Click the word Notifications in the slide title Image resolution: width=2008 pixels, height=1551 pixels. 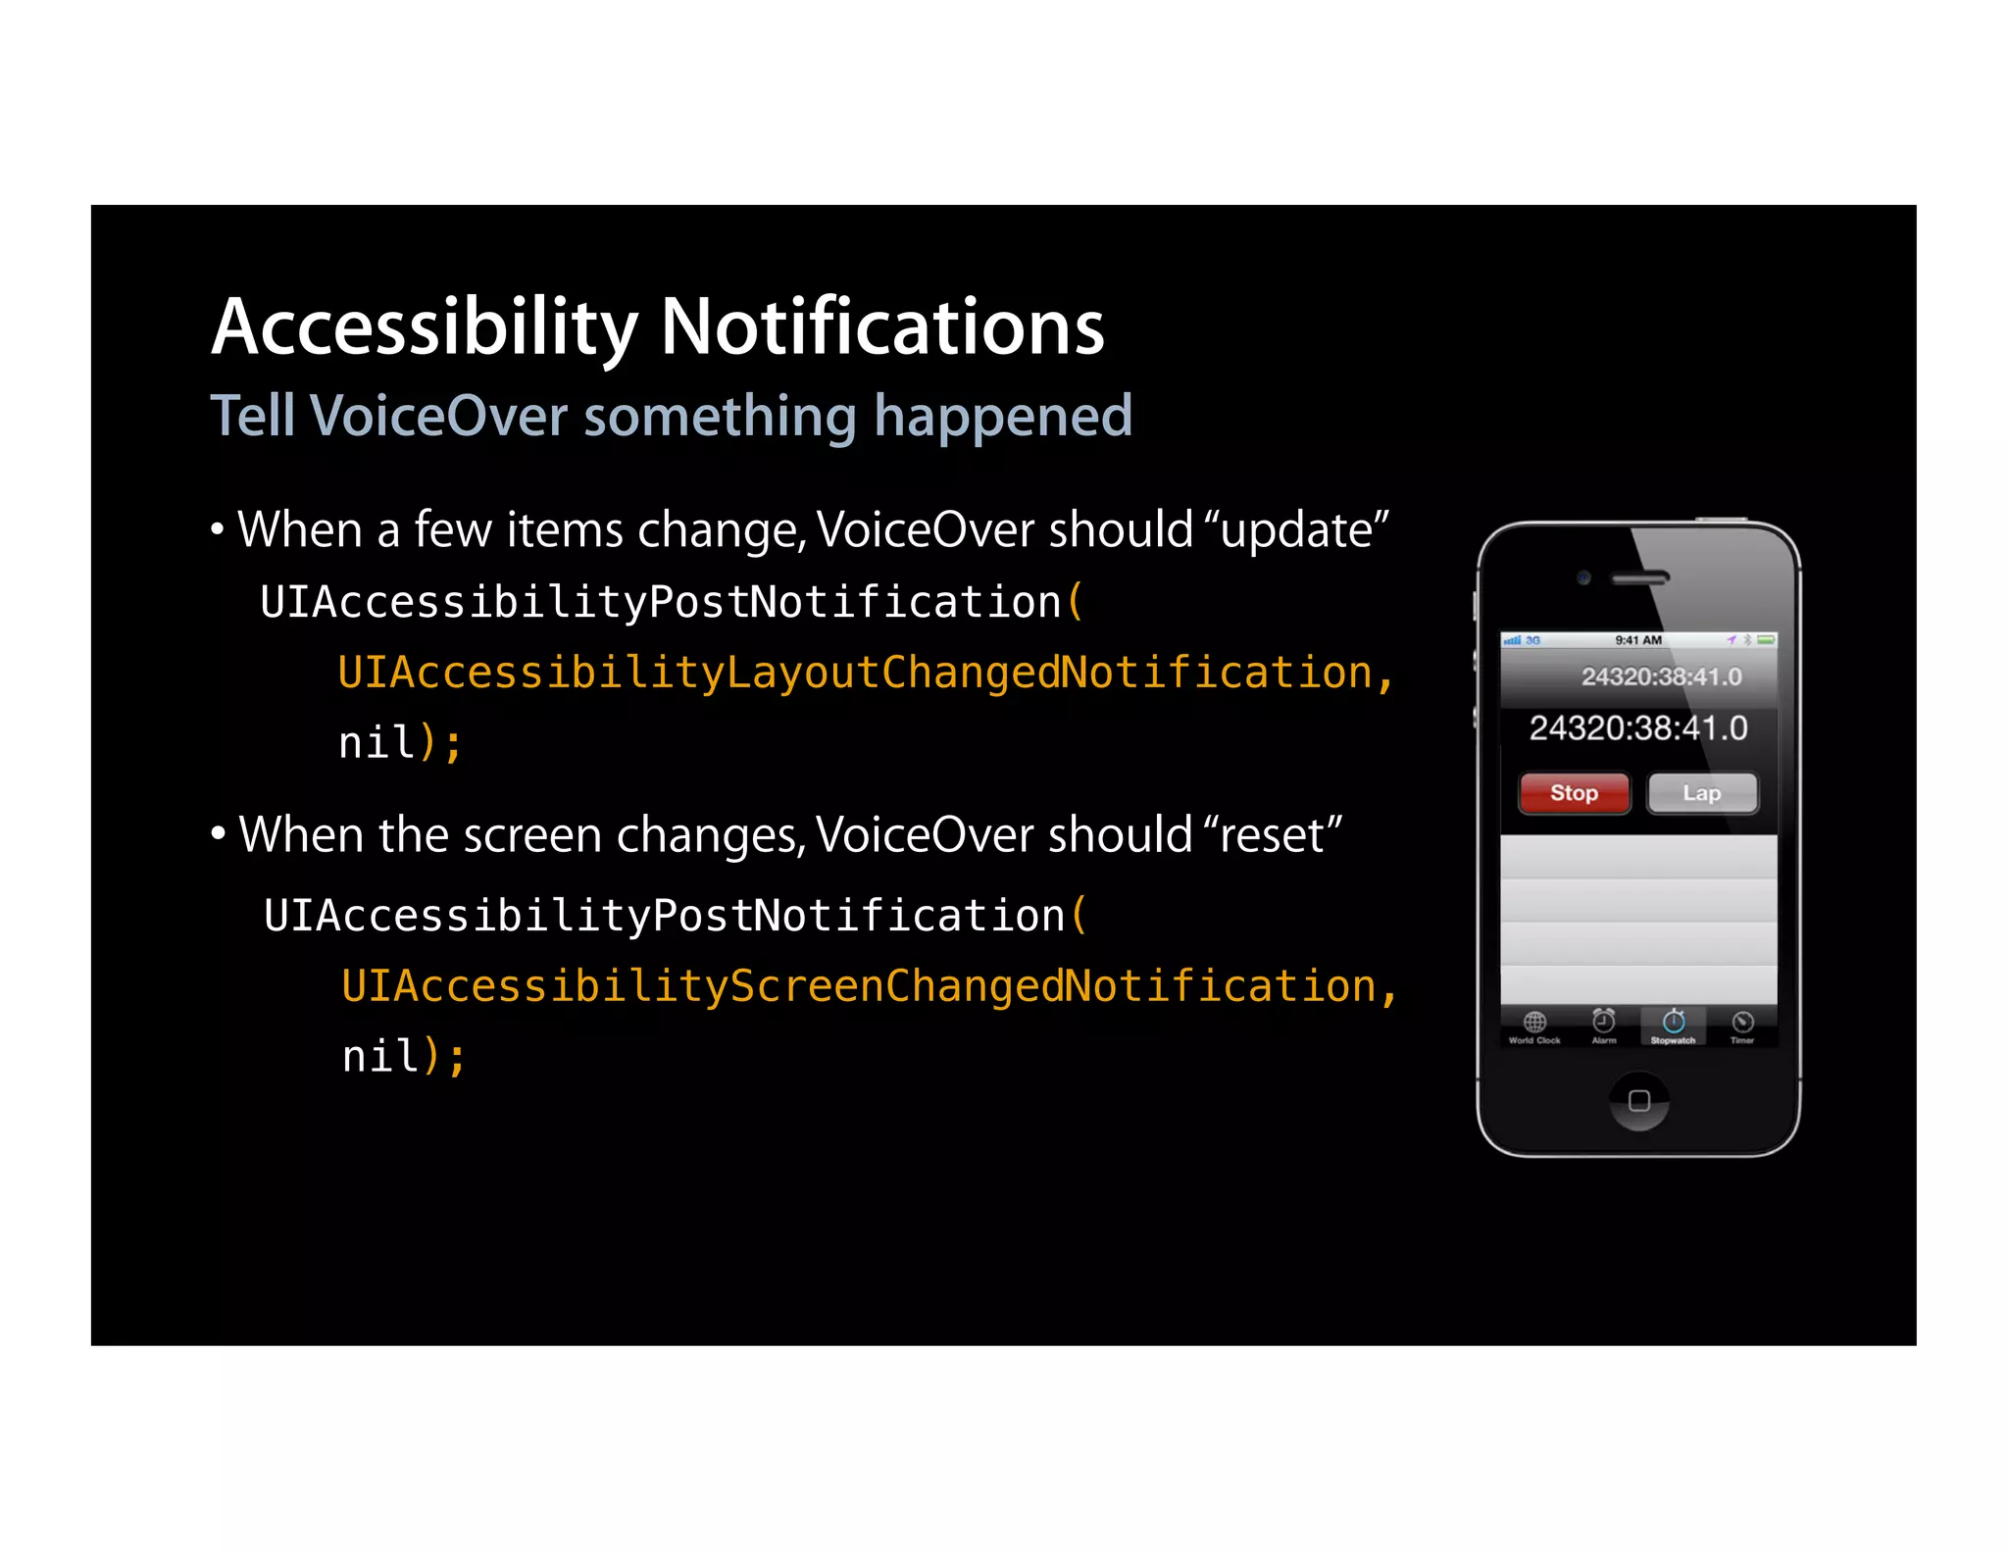(881, 326)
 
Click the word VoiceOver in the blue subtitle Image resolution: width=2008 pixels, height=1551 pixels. (438, 416)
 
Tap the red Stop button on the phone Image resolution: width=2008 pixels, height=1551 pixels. (1574, 793)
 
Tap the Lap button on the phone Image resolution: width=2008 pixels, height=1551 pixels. (1702, 793)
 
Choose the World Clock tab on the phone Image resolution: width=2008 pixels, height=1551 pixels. (1534, 1026)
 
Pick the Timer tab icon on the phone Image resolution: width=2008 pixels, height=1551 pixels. (1742, 1025)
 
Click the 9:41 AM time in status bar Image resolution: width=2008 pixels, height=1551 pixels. (1638, 640)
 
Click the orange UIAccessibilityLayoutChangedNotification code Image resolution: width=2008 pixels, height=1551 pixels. (856, 673)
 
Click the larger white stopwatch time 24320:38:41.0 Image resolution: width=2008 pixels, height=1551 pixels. (1638, 728)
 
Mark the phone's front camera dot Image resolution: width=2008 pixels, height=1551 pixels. (1583, 577)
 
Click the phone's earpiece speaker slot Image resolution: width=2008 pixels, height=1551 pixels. (1640, 578)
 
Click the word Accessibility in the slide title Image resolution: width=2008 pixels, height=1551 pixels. (425, 326)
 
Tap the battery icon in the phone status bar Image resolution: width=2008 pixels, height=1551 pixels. (1766, 640)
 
